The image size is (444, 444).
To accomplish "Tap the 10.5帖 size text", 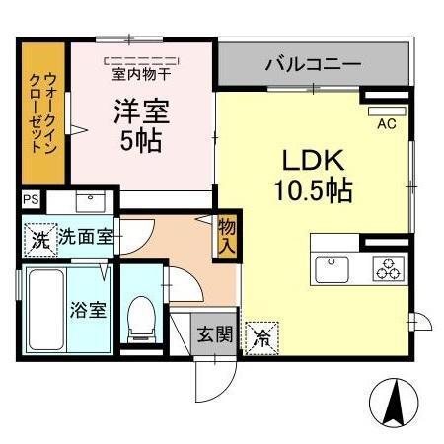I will coord(313,190).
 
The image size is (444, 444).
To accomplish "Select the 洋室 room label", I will coord(140,111).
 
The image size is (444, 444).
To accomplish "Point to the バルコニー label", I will coord(313,65).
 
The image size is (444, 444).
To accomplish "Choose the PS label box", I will coord(31,200).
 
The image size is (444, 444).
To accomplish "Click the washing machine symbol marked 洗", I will coord(38,239).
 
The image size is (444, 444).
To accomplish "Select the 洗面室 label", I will coord(85,237).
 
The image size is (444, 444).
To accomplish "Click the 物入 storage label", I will coord(227,238).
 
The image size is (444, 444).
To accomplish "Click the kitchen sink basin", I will coord(328,266).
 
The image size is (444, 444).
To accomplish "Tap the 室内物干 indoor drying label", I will coord(142,72).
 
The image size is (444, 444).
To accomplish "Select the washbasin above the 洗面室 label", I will coord(95,202).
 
